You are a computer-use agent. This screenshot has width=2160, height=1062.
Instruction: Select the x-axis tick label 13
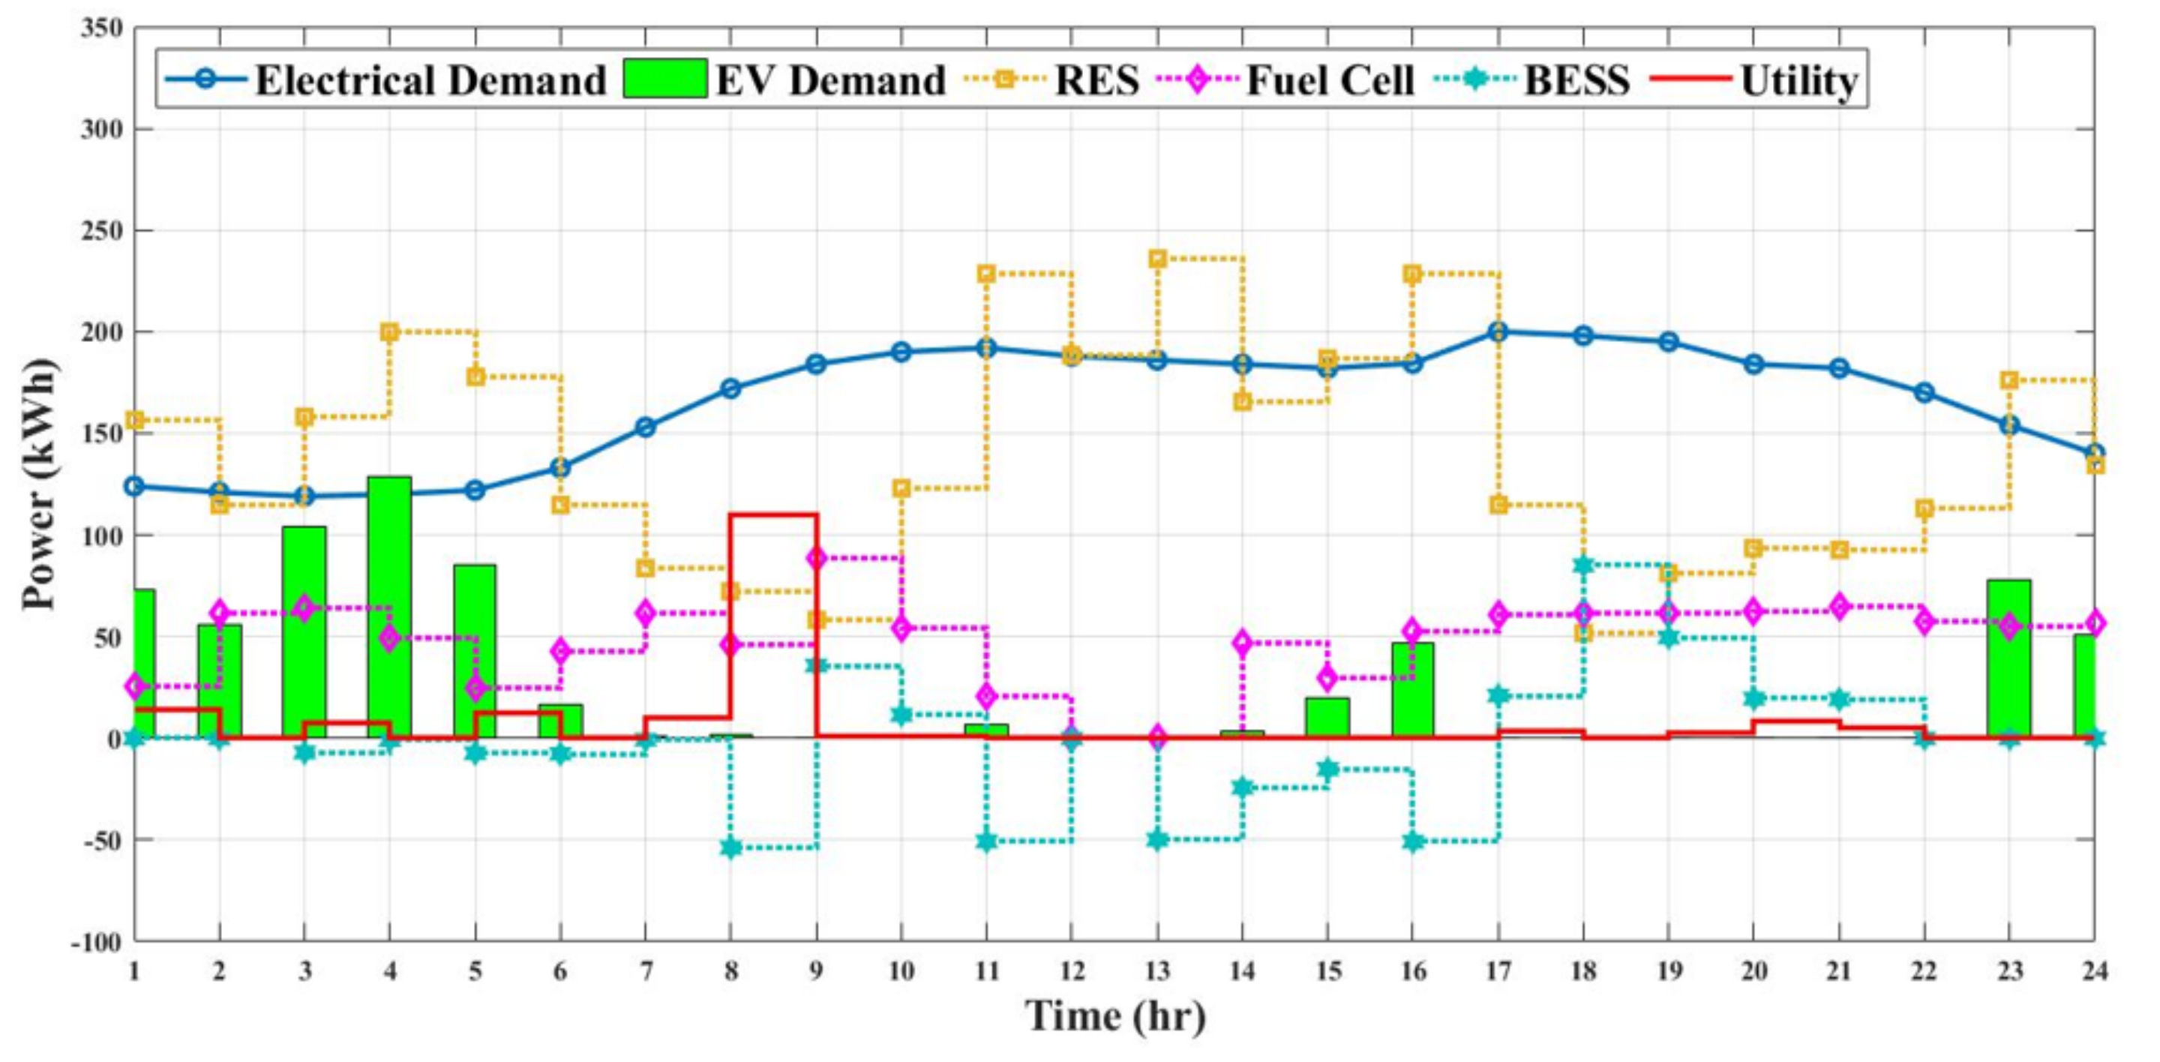1157,970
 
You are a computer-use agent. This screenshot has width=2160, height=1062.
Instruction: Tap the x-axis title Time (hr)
1115,1017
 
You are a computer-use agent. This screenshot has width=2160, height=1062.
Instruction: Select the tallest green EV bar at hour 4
389,607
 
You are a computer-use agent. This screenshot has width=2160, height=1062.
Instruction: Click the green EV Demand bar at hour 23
2009,658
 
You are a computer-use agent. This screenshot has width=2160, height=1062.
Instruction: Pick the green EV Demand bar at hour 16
1413,690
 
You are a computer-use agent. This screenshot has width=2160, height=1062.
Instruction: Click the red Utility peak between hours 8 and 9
773,514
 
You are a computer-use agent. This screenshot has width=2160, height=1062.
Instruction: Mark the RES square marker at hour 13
1157,259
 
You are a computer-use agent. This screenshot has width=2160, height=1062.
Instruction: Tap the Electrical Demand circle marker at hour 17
1498,332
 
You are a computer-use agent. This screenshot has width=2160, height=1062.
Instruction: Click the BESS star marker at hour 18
1583,565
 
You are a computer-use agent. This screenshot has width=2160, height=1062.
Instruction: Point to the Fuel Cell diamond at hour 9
817,558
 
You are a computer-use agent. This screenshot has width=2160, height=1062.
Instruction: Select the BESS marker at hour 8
731,847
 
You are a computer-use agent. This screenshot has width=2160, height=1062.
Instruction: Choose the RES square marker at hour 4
390,332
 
